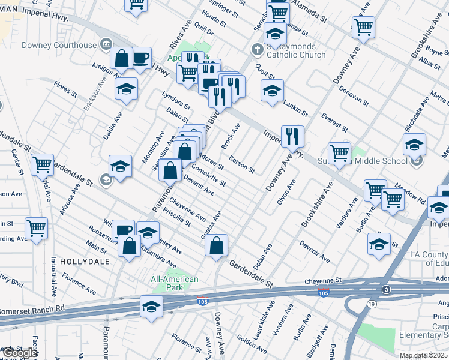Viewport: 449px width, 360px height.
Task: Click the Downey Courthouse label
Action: click(x=59, y=45)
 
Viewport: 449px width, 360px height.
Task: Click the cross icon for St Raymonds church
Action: click(x=256, y=49)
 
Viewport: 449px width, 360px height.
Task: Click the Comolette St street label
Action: click(x=208, y=174)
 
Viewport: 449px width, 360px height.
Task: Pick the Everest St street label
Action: click(x=334, y=122)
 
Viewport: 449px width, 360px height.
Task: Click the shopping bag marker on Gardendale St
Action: click(x=217, y=245)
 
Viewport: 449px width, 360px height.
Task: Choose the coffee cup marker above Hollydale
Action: click(x=124, y=229)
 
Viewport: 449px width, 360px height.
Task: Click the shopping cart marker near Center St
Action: click(x=43, y=164)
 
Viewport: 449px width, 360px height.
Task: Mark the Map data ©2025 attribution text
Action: click(x=423, y=355)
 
